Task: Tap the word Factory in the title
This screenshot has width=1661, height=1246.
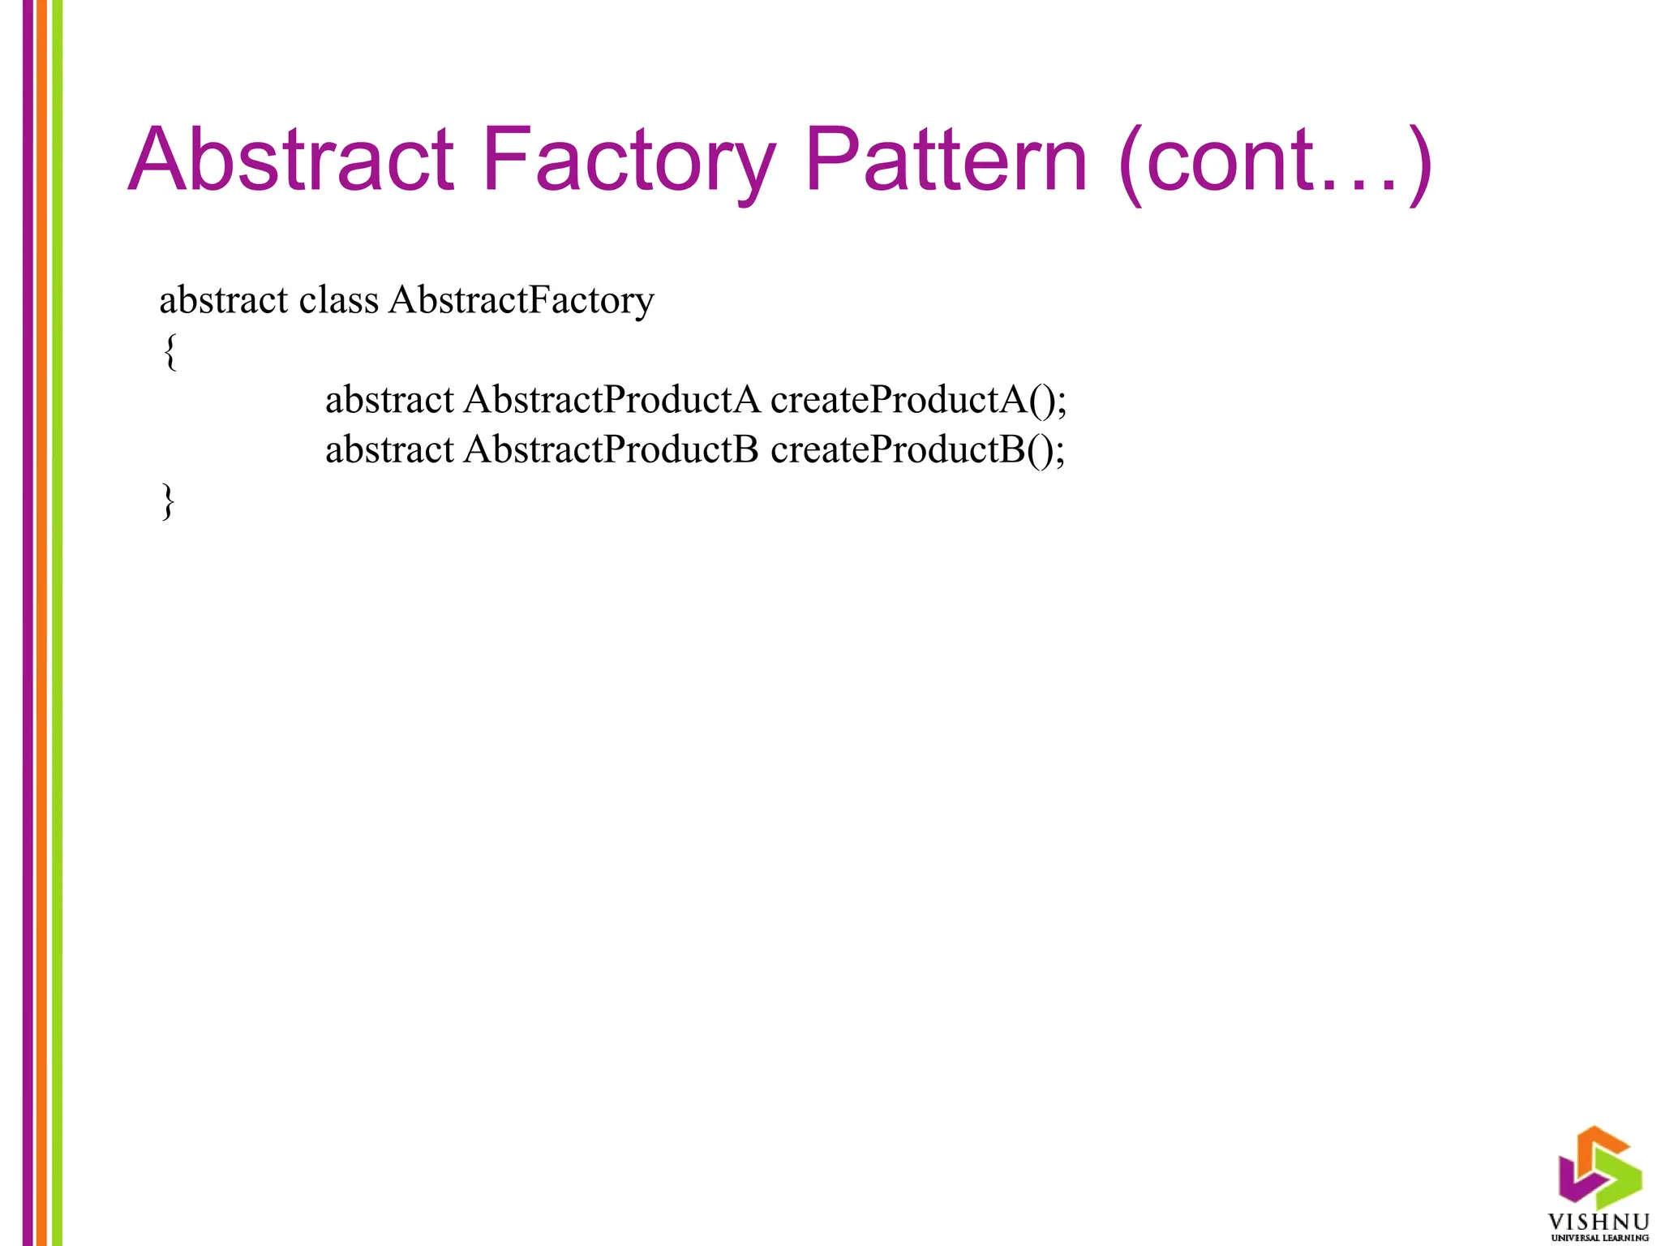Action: tap(629, 162)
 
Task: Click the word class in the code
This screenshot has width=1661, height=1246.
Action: tap(338, 300)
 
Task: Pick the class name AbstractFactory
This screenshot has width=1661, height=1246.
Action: tap(521, 301)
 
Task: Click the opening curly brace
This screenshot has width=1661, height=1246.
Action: tap(170, 352)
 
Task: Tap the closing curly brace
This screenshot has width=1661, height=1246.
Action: tap(169, 501)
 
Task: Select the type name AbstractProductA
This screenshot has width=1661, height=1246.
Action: tap(612, 400)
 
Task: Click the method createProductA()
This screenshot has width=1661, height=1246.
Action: tap(918, 401)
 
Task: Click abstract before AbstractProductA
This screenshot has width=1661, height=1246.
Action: tap(389, 400)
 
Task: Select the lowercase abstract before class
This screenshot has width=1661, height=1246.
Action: tap(223, 300)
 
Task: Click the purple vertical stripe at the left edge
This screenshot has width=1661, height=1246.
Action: tap(28, 623)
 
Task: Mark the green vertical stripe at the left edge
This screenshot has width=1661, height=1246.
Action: tap(57, 623)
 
